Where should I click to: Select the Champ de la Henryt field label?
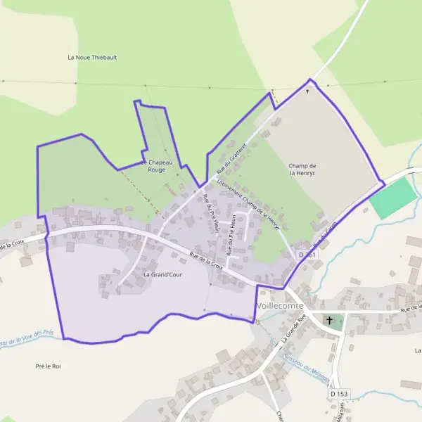302,170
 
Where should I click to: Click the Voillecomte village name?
280,306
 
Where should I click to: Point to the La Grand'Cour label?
162,275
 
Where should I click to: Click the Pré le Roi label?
48,366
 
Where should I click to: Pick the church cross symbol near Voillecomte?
329,321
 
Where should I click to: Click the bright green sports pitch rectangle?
393,198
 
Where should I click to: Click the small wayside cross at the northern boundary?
307,91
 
